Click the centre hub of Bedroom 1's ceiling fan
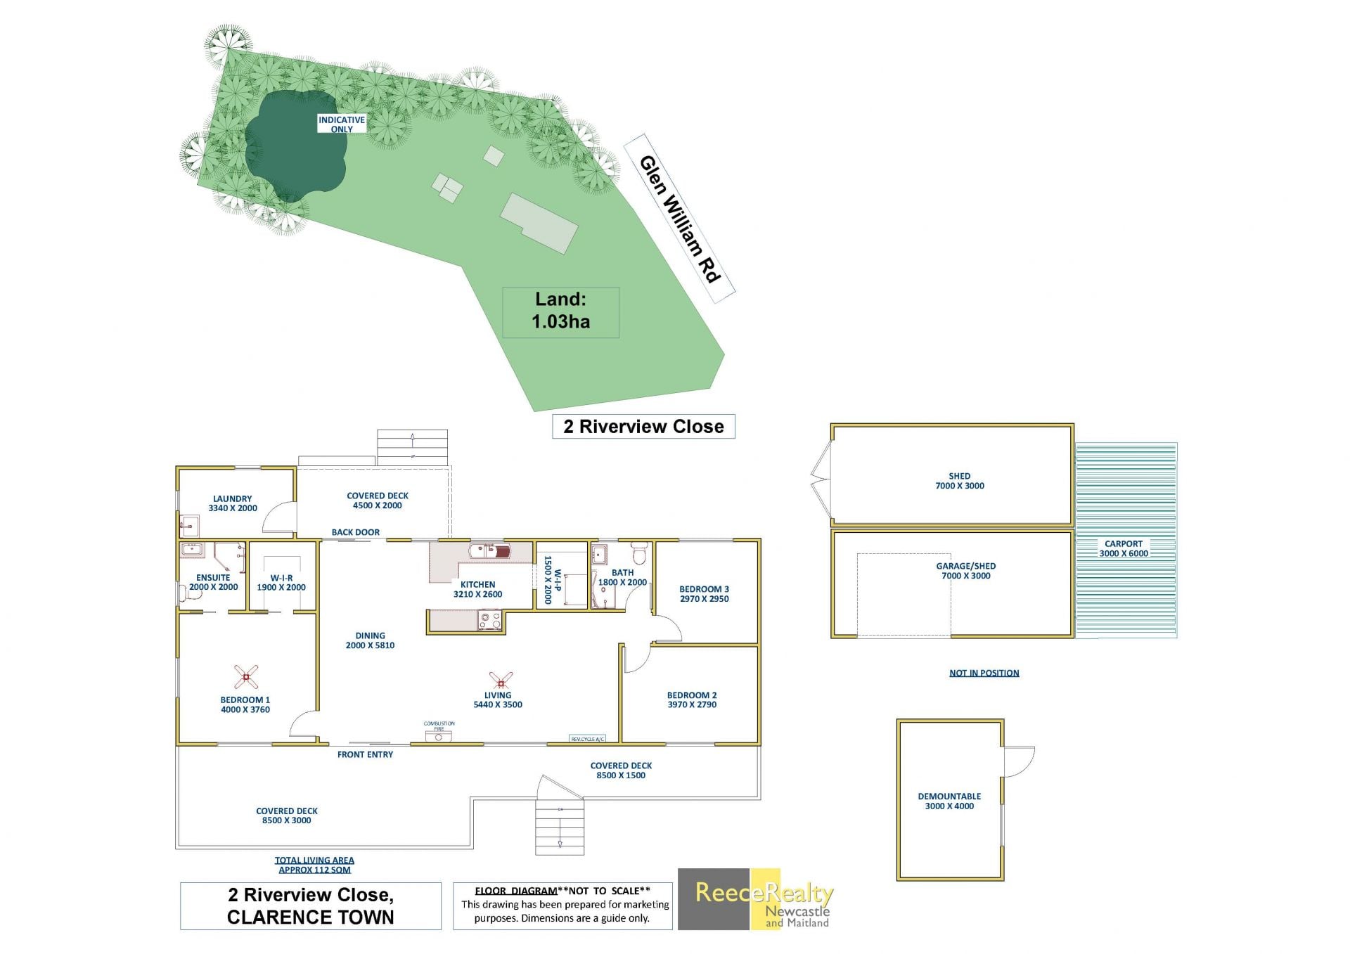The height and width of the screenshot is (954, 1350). [x=246, y=677]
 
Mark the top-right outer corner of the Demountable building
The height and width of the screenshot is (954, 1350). [x=1003, y=720]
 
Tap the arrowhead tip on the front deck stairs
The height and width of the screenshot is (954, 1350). [x=560, y=846]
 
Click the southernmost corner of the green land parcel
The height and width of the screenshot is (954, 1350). [x=534, y=411]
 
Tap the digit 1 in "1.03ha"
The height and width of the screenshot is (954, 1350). [x=536, y=322]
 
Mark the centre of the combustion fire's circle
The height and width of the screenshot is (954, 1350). [x=439, y=737]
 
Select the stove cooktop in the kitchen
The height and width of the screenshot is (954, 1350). [x=489, y=620]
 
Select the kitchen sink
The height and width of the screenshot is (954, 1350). [x=492, y=550]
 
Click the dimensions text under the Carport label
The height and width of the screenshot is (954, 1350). [x=1124, y=553]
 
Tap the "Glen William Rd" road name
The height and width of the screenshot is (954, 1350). [x=680, y=219]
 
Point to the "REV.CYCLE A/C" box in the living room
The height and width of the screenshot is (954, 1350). [x=587, y=739]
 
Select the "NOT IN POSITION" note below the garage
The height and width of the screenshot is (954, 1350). [x=984, y=673]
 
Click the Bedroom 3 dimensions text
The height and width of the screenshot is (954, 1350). [x=704, y=599]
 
